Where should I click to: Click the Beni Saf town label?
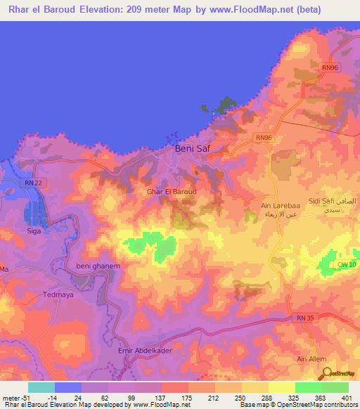tap(192, 149)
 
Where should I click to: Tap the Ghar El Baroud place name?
tap(172, 191)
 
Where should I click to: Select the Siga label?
tap(34, 230)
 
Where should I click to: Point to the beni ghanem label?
tap(94, 266)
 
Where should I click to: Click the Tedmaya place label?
tap(58, 295)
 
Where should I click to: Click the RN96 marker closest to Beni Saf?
tap(264, 137)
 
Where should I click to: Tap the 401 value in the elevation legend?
tap(347, 397)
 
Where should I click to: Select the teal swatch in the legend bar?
tap(41, 387)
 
